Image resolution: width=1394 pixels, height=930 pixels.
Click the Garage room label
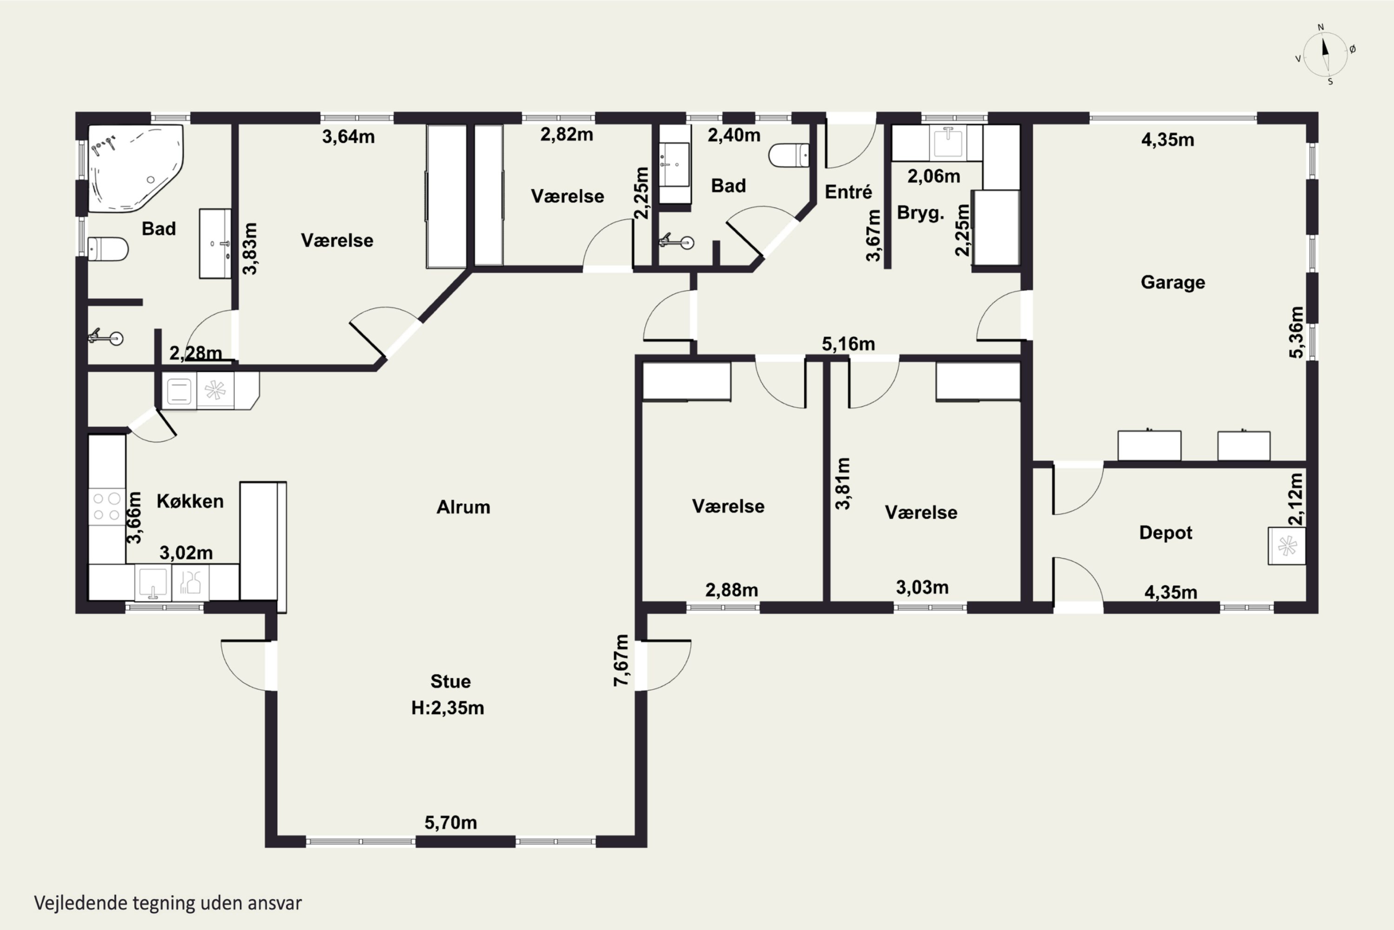click(1172, 282)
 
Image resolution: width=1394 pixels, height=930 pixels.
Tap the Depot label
click(1165, 532)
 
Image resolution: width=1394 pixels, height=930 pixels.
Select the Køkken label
click(190, 501)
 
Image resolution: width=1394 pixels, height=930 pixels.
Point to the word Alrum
click(463, 507)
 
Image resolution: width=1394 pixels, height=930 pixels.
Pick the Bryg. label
click(920, 213)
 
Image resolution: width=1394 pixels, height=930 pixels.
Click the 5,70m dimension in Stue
click(450, 823)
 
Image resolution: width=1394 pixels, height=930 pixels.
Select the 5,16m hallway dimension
click(848, 344)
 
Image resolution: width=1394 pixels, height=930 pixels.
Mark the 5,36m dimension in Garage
click(1296, 332)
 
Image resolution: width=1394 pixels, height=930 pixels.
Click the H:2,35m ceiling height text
click(447, 708)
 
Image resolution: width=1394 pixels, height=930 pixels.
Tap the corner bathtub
click(135, 168)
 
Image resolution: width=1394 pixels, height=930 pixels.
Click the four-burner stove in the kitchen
click(107, 506)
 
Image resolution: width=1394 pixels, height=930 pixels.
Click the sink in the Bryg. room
click(948, 143)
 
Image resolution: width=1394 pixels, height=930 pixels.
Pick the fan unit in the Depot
click(1287, 545)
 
